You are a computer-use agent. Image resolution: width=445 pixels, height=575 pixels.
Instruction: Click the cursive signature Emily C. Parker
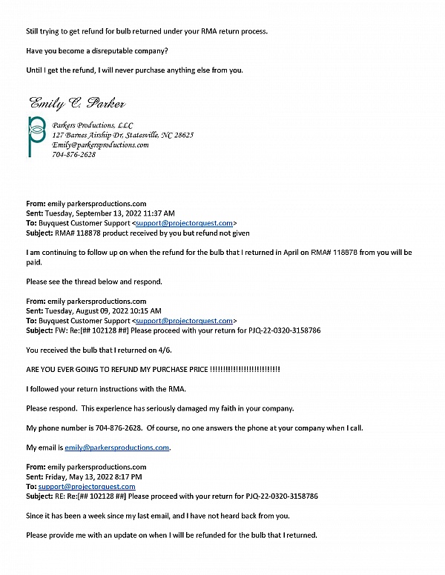pos(77,102)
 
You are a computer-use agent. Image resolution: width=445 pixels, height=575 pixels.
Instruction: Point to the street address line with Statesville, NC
pos(122,136)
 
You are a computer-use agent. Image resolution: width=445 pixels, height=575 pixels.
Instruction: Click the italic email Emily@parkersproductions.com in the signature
pos(100,145)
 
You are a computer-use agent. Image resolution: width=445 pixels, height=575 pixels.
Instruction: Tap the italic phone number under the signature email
pos(73,155)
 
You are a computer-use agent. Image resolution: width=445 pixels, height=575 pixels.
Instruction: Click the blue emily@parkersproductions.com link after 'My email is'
pos(117,448)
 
